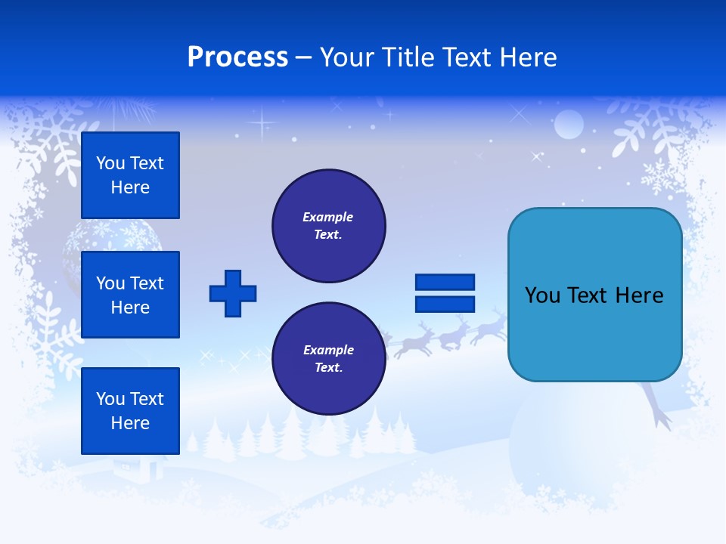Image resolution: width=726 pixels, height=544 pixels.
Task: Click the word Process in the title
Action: pos(237,57)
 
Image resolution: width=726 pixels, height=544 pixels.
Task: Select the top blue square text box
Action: pos(130,175)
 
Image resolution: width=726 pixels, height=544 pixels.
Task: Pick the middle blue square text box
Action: pos(130,295)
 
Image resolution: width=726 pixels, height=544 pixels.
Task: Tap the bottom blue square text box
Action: pos(130,410)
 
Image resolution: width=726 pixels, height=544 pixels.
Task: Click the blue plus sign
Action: pos(233,293)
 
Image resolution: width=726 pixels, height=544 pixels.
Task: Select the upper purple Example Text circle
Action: pos(328,226)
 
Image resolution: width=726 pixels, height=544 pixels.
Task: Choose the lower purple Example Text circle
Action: pos(328,359)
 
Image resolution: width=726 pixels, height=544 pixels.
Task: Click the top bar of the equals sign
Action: pos(445,283)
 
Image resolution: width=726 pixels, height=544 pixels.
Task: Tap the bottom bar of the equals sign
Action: pos(445,304)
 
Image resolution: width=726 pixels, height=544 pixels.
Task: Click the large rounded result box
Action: pos(594,295)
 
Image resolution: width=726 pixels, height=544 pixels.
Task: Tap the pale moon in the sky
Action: pos(569,125)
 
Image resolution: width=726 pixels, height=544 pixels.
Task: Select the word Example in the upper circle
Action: pos(328,217)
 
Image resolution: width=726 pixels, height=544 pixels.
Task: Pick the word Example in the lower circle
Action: pos(328,350)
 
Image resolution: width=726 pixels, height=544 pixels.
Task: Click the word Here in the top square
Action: pos(130,187)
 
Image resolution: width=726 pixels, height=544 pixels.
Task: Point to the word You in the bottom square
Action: pos(110,399)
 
